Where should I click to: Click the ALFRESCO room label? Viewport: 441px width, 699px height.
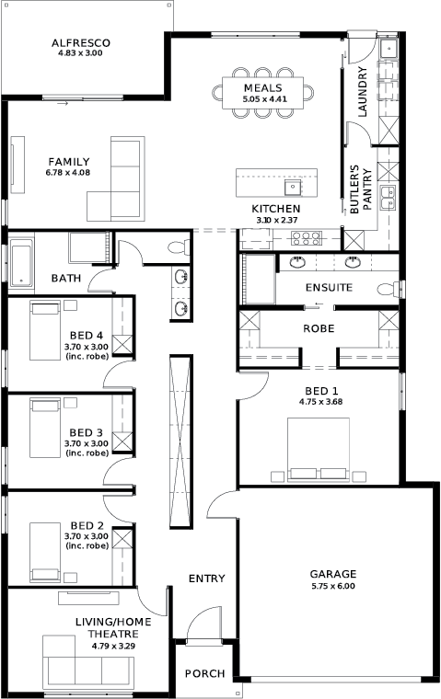coord(81,43)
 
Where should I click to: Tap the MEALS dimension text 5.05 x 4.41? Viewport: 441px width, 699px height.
coord(264,99)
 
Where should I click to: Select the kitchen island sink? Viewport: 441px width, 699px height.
coord(293,188)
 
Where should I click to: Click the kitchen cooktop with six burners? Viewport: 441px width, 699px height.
coord(307,238)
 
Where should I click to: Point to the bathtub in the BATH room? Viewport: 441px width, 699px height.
coord(21,263)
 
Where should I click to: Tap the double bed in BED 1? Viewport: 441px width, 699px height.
coord(319,450)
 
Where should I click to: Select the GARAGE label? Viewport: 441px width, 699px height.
coord(333,574)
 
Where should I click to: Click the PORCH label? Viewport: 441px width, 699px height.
coord(205,673)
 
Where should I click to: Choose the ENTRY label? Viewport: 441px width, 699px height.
coord(206,579)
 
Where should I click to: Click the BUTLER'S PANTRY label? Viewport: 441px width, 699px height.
coord(361,189)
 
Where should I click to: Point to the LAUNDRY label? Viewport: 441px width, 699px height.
coord(363,92)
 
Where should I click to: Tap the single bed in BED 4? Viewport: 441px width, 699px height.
coord(44,330)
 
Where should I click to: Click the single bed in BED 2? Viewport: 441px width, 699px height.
coord(44,552)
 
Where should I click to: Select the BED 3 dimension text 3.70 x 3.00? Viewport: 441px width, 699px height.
coord(87,443)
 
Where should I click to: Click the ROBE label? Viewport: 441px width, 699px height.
coord(319,328)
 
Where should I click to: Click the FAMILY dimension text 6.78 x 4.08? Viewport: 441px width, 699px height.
coord(68,173)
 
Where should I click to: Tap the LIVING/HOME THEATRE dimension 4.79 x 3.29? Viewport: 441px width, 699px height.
coord(113,646)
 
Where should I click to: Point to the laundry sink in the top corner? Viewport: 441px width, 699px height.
coord(388,48)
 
